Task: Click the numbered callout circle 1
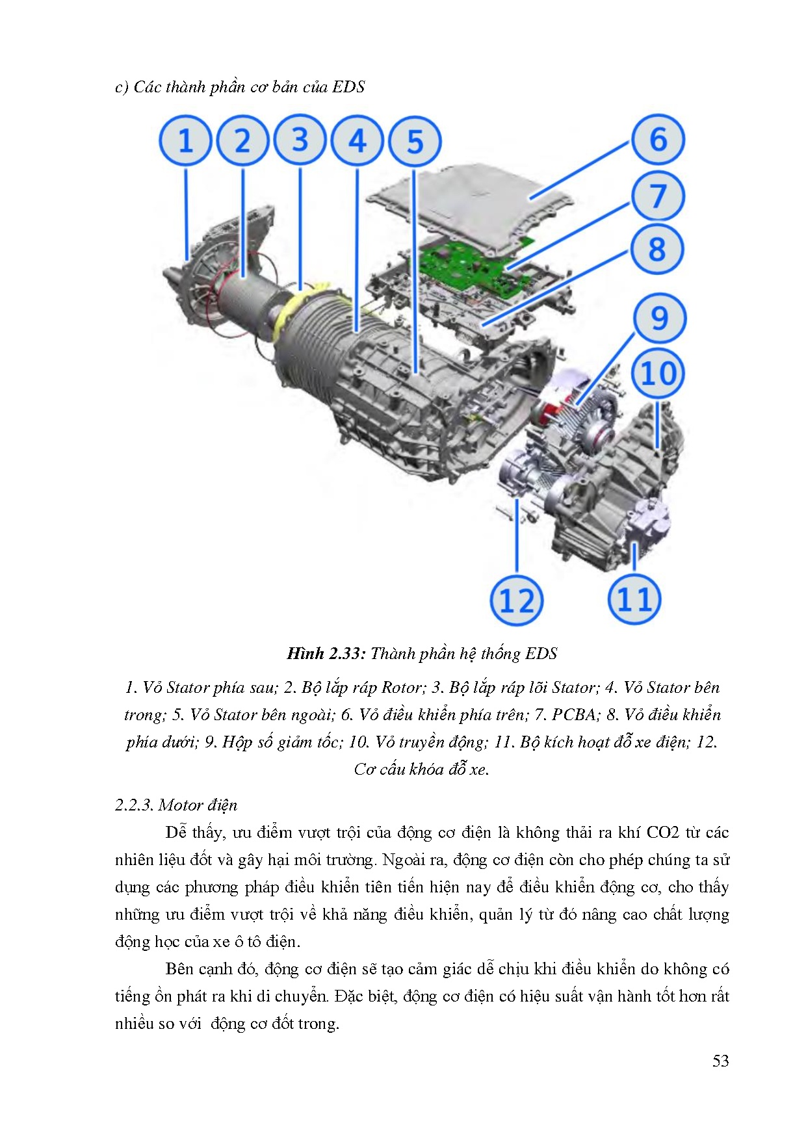185,141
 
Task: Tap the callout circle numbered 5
415,141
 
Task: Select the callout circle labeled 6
658,139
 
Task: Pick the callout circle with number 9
658,318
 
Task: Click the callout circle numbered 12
516,600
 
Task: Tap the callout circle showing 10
658,373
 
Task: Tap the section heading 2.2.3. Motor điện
176,805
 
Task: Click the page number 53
720,1061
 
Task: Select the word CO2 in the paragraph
662,833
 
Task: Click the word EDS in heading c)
348,87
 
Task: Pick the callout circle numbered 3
300,141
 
